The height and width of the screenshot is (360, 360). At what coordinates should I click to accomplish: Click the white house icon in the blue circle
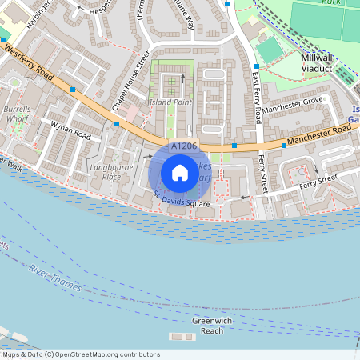point(180,173)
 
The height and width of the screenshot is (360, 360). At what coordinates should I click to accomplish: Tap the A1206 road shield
point(184,146)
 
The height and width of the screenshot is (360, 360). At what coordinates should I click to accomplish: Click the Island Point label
point(169,102)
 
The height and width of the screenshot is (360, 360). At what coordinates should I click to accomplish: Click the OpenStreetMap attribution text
point(81,354)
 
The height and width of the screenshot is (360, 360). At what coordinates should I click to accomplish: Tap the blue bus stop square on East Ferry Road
point(257,66)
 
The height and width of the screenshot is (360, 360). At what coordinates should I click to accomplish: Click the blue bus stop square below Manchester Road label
point(283,146)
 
